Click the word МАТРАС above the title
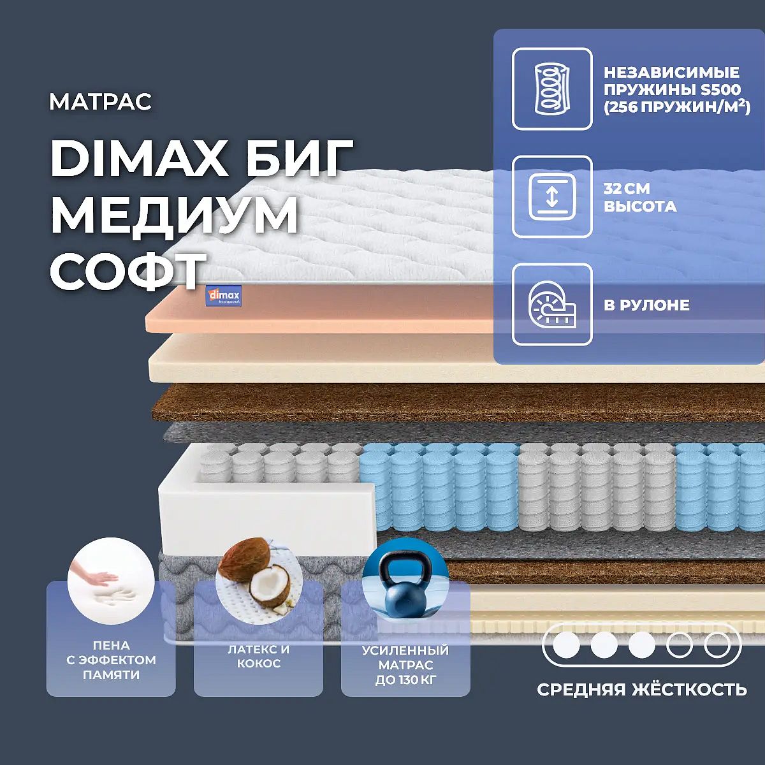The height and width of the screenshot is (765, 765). click(x=101, y=101)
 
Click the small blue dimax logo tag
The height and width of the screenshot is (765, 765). click(x=224, y=296)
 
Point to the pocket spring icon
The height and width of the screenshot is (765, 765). click(x=551, y=89)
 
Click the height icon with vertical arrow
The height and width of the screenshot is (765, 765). click(x=552, y=197)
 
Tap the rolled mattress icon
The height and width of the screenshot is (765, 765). click(x=552, y=305)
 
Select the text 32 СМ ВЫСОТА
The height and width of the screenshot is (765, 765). click(x=640, y=197)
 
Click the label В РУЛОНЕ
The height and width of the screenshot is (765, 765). click(x=646, y=305)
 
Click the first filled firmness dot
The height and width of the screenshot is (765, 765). click(x=566, y=645)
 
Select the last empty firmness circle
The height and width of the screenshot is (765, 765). click(x=717, y=645)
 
